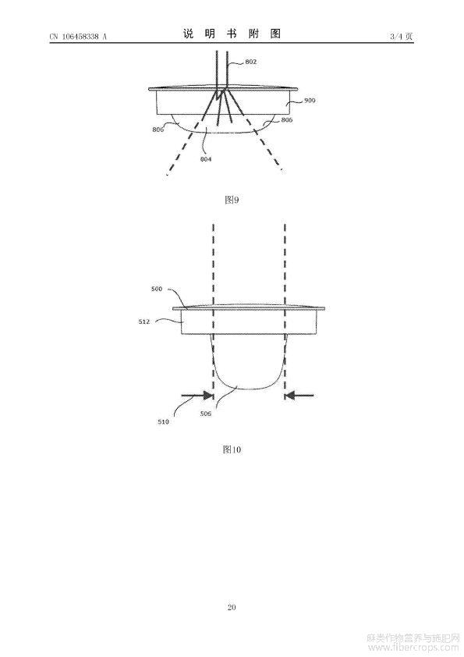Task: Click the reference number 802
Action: click(x=251, y=62)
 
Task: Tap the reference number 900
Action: click(x=310, y=101)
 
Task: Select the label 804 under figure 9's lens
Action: click(x=206, y=159)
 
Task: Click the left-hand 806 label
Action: click(x=158, y=130)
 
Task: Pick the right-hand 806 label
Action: click(x=287, y=120)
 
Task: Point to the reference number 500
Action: click(x=156, y=289)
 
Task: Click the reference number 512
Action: click(x=144, y=321)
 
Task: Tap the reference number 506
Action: click(x=206, y=414)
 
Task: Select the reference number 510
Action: click(x=163, y=422)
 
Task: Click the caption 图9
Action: click(x=232, y=200)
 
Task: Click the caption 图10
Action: click(x=232, y=449)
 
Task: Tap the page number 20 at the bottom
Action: click(x=232, y=607)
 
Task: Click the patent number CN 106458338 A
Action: click(x=78, y=37)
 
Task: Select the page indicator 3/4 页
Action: click(x=401, y=37)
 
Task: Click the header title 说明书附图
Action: click(x=232, y=34)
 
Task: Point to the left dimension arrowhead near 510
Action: click(x=208, y=395)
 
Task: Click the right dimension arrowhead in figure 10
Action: click(x=290, y=395)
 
